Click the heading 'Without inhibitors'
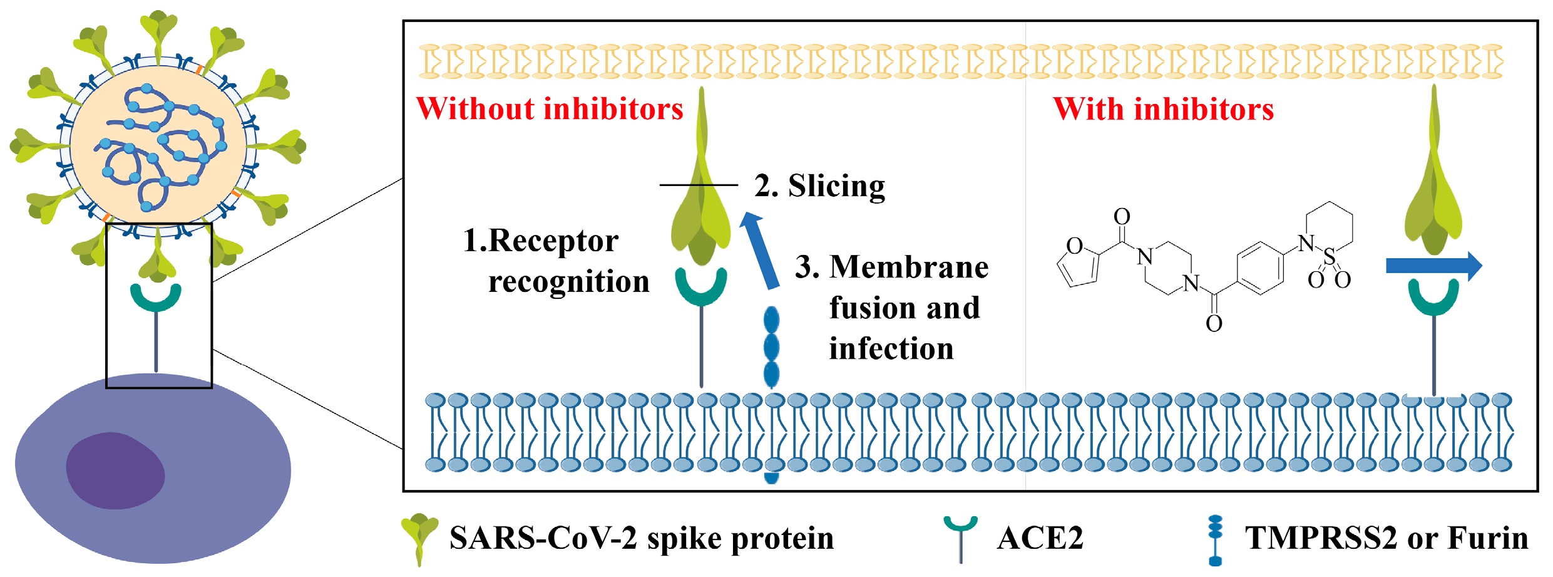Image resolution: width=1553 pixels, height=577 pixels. click(x=550, y=109)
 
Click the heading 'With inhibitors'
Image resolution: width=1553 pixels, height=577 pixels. click(x=1164, y=109)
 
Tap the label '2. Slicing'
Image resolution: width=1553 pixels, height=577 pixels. click(x=819, y=186)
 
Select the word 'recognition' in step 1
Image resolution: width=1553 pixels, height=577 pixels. click(x=569, y=281)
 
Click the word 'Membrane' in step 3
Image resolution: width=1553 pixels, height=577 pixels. click(x=909, y=267)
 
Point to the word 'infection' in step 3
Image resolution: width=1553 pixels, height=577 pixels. click(x=891, y=348)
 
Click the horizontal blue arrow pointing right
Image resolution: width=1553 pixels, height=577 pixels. click(x=1434, y=266)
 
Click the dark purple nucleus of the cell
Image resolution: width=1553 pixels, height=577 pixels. click(x=115, y=470)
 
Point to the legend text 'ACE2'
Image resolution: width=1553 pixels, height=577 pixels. click(x=1040, y=538)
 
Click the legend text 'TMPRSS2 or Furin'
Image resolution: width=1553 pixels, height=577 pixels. click(x=1386, y=538)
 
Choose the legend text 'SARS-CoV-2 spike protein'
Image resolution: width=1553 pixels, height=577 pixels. click(x=642, y=538)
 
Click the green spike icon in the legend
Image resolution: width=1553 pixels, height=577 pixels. click(x=419, y=539)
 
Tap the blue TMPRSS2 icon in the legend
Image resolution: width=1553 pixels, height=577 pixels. click(x=1215, y=540)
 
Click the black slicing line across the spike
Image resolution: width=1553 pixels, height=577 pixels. click(x=699, y=185)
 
